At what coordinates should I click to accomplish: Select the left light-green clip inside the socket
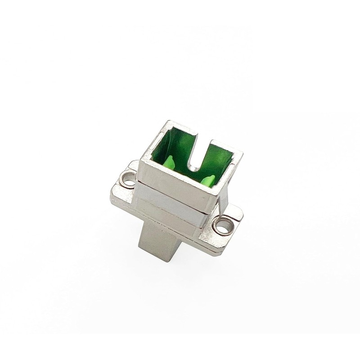170,163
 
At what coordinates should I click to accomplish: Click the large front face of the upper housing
175,184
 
